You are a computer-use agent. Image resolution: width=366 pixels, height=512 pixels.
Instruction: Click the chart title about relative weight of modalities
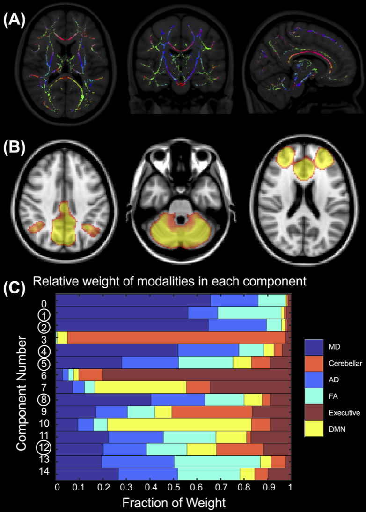click(x=169, y=282)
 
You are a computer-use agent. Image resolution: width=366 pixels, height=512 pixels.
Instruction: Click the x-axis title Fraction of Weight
click(x=174, y=503)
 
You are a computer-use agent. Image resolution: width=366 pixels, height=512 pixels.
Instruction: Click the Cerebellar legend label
click(x=345, y=368)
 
